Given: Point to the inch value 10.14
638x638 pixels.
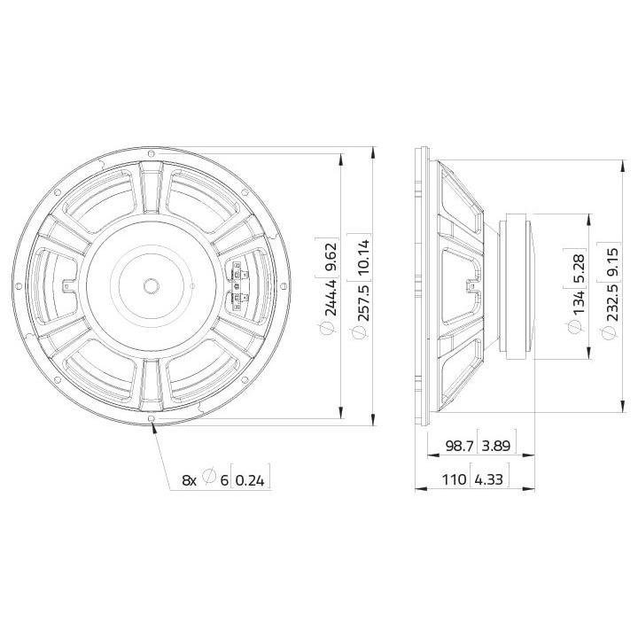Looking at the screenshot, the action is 362,258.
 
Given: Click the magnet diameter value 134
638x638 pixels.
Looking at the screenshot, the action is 579,302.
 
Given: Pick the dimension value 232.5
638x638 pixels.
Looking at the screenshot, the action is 611,302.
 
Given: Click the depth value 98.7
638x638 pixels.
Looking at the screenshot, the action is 460,446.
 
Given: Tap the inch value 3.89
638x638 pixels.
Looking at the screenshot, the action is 496,446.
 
